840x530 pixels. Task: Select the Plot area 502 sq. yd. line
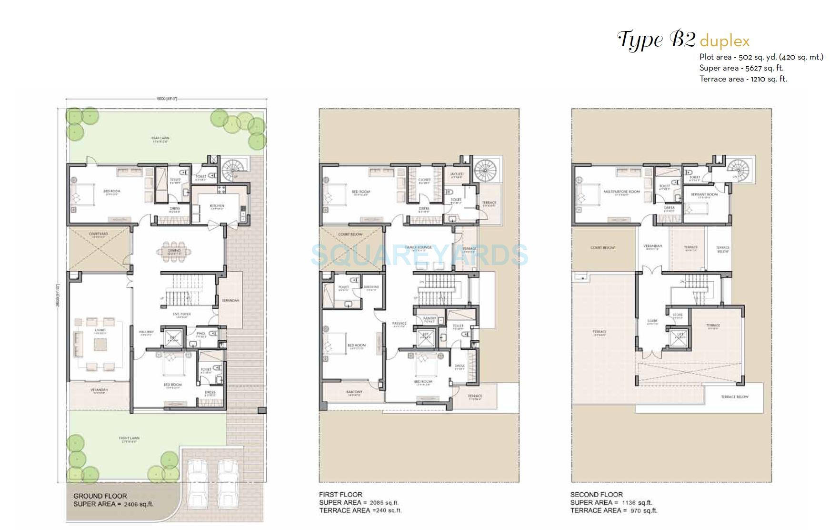(761, 57)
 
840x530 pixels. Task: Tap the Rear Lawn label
(161, 138)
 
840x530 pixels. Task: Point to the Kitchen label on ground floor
(217, 206)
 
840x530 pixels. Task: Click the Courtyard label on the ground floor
(99, 234)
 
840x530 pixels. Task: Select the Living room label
(100, 330)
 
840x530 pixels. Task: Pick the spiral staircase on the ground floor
(232, 170)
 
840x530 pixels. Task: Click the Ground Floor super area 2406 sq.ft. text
(113, 504)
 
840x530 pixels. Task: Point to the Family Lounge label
(418, 247)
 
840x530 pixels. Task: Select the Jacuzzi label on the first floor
(457, 174)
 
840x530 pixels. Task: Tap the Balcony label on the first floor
(354, 392)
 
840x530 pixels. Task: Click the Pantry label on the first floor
(430, 318)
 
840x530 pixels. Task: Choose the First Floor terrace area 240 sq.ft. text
(360, 510)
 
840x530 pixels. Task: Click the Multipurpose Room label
(622, 192)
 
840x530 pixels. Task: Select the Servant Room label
(704, 194)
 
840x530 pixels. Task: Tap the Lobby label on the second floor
(652, 321)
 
